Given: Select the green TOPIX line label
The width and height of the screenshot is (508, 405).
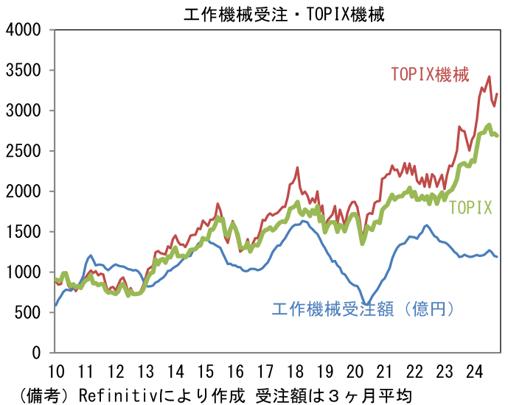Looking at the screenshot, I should click(x=470, y=208).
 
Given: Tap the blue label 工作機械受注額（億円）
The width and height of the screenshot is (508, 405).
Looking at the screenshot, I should click(x=361, y=309).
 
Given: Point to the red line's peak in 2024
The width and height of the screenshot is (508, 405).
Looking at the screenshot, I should click(x=489, y=77).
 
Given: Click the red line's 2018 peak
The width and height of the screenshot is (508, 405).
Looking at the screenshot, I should click(x=297, y=168).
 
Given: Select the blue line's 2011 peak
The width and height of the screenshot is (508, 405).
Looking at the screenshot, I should click(x=91, y=256).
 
